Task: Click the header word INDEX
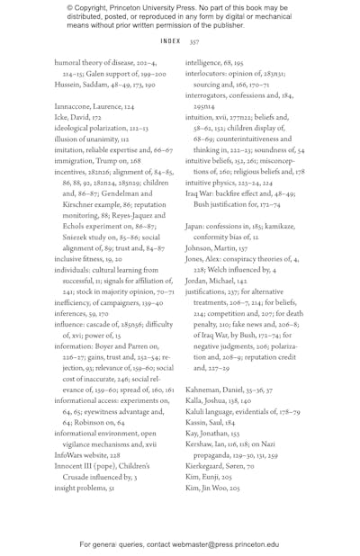pos(170,41)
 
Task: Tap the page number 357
pos(193,41)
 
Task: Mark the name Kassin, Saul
pos(207,423)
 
